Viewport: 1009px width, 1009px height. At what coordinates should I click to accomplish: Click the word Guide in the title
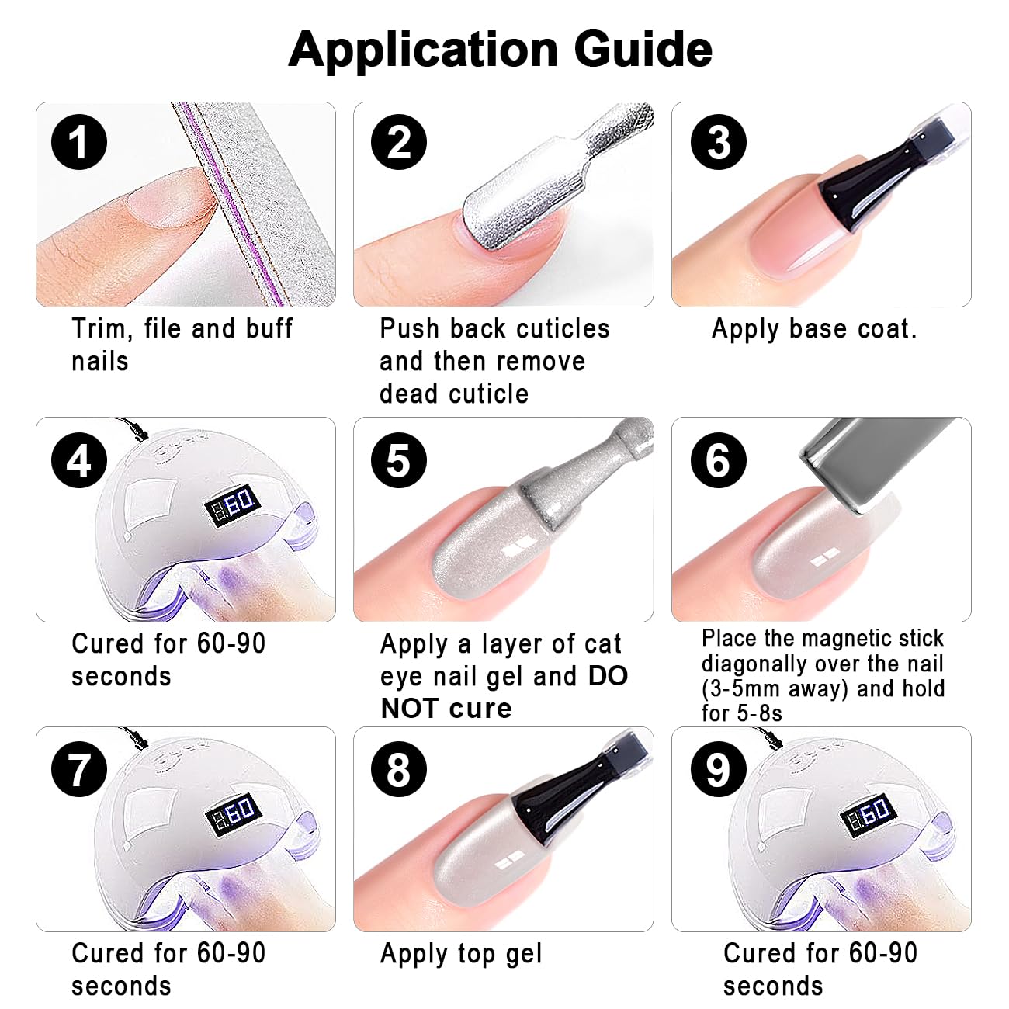tap(643, 49)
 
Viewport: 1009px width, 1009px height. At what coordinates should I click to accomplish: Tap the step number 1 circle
tap(79, 142)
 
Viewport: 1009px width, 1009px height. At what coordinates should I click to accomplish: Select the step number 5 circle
tap(398, 460)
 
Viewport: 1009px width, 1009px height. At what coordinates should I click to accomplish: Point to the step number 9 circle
tap(719, 769)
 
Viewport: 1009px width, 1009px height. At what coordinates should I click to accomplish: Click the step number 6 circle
tap(719, 460)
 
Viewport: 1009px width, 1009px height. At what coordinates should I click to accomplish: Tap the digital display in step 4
tap(232, 506)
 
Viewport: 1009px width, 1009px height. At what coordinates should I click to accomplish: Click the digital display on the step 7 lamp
tap(232, 815)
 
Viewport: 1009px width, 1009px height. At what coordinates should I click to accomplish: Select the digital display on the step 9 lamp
tap(868, 815)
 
